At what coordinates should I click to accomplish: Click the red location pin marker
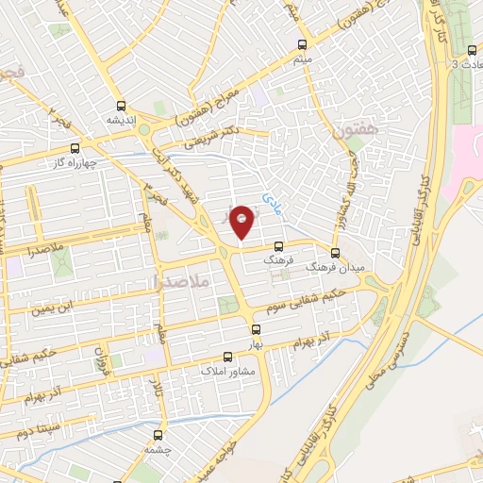[242, 221]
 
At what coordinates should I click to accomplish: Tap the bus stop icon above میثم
[302, 44]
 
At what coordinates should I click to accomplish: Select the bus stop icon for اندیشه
[120, 106]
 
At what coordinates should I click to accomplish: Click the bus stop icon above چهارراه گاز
[75, 147]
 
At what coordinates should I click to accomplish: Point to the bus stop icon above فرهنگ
[276, 244]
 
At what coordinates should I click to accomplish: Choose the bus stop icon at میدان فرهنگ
[335, 253]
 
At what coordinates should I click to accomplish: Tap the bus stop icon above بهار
[256, 329]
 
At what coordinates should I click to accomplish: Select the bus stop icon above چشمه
[158, 435]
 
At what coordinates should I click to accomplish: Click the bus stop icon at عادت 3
[472, 50]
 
